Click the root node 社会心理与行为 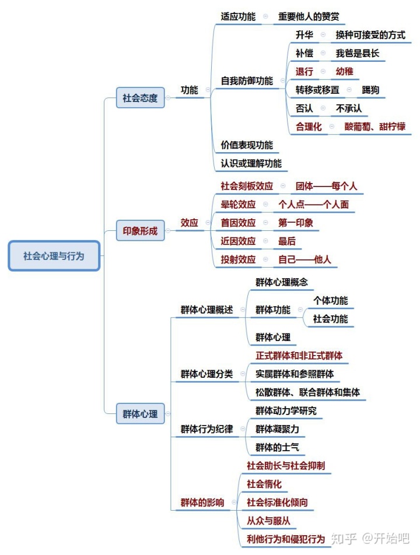54,256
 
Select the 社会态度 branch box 140,98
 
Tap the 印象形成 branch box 140,231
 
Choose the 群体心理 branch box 140,414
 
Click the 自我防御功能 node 247,81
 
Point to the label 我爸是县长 357,54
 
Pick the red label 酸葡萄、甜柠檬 374,127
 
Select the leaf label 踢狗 370,90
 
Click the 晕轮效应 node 238,205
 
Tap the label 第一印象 295,223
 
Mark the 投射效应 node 238,259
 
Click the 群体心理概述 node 206,310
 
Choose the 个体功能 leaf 330,301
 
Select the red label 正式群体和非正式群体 299,355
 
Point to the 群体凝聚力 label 277,429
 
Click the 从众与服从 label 268,521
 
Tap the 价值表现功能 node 247,145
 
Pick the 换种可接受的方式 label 370,35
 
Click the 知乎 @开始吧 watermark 370,538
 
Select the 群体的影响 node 202,503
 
